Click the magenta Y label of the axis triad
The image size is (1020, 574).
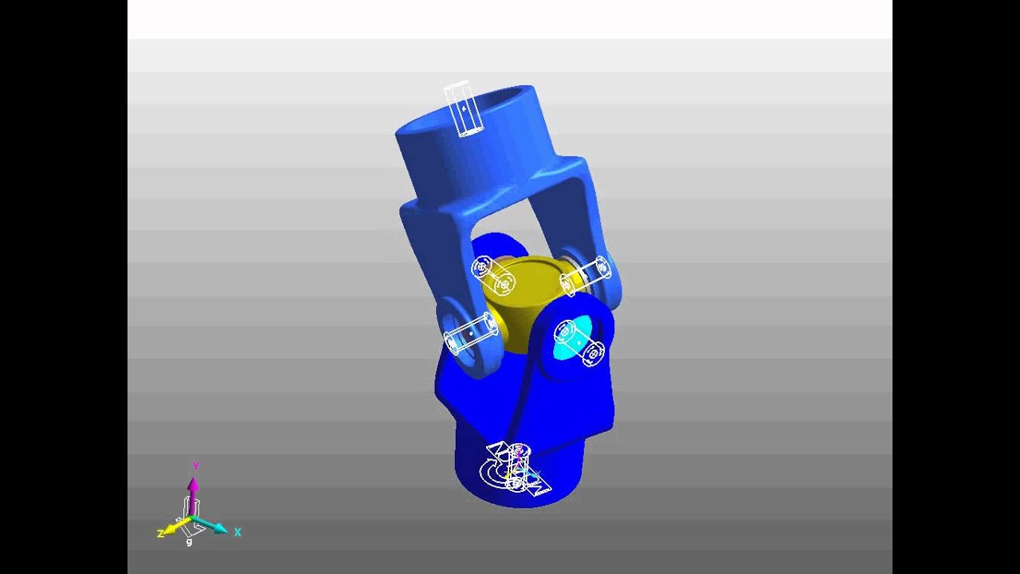(195, 466)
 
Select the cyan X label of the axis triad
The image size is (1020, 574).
(237, 533)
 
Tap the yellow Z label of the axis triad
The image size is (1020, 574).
(161, 533)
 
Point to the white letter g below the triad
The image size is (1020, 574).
(189, 542)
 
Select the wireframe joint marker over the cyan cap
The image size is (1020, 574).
(579, 342)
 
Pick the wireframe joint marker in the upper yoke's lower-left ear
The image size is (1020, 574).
(469, 332)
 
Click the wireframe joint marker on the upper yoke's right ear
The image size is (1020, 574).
(586, 274)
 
